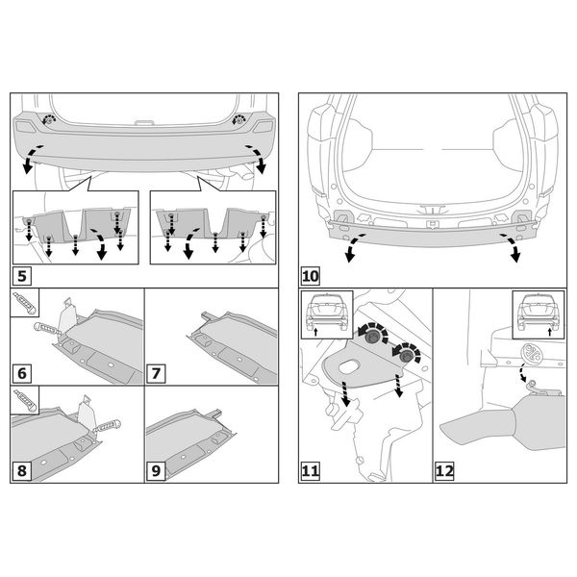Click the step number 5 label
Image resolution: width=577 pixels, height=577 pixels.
[22, 276]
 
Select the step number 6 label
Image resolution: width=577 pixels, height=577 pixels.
[22, 373]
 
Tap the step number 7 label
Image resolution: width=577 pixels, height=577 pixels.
[156, 373]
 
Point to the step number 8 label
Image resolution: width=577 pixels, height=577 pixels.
[22, 471]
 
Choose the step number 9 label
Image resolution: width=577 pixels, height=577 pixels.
[156, 471]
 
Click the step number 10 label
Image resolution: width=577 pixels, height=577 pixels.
[311, 276]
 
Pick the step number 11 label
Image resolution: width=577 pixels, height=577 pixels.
[311, 471]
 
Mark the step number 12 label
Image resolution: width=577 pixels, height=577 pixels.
[444, 471]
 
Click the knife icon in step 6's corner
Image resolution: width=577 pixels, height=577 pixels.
[24, 303]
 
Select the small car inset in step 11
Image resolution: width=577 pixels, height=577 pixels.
[327, 314]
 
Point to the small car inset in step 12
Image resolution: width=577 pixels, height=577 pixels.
[539, 314]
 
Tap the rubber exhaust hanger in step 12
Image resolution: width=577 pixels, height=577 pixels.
[533, 353]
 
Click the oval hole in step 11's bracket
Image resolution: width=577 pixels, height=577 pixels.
[348, 367]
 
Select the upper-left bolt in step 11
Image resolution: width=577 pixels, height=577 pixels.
[372, 338]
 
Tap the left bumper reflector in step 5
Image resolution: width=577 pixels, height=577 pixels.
[25, 127]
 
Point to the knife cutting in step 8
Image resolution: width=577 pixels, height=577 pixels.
[107, 426]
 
